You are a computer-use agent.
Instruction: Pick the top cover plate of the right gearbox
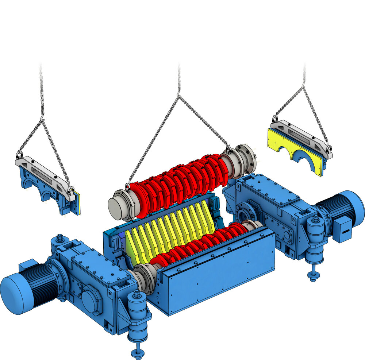pyautogui.click(x=277, y=190)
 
